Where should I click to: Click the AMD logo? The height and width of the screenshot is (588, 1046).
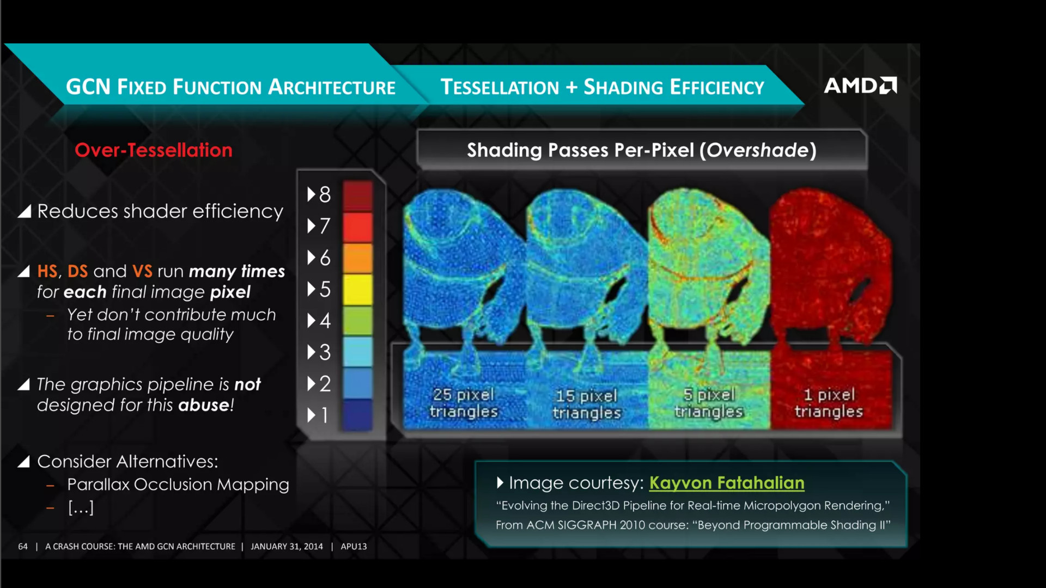click(x=860, y=85)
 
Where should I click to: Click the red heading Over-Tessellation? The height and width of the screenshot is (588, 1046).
click(x=154, y=150)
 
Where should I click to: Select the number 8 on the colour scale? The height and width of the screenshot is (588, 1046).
click(x=325, y=194)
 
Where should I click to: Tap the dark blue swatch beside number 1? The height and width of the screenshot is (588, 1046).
click(x=357, y=415)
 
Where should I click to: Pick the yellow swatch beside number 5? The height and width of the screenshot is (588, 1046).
click(x=357, y=289)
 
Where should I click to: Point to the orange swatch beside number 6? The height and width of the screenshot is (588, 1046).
click(x=357, y=258)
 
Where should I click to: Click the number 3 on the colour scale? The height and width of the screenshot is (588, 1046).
click(x=325, y=352)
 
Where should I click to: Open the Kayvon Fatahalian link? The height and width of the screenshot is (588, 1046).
click(x=727, y=483)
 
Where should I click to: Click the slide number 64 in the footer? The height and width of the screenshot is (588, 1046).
click(x=23, y=546)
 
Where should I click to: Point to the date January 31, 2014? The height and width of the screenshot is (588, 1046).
click(x=287, y=546)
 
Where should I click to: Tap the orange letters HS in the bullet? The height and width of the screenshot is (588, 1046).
click(x=47, y=271)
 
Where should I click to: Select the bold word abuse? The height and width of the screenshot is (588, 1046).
click(x=204, y=405)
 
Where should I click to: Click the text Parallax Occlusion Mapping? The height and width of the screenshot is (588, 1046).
click(x=178, y=485)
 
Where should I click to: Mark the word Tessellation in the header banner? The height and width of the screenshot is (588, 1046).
click(x=500, y=87)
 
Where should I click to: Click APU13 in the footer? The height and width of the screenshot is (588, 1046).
click(x=354, y=546)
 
